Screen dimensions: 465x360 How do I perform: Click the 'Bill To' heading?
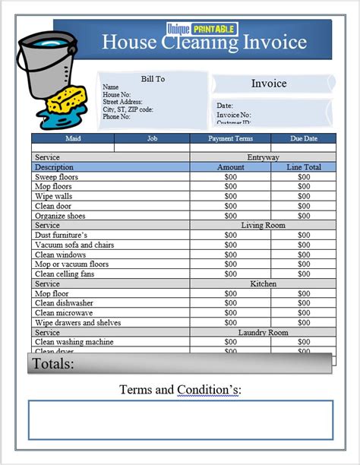[x=153, y=79]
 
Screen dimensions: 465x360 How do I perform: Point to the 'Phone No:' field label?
[x=116, y=117]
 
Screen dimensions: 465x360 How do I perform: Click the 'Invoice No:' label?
[x=234, y=114]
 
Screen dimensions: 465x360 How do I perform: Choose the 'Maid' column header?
[x=73, y=139]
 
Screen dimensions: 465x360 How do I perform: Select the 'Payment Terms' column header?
[x=230, y=139]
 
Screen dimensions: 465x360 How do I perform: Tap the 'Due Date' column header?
[x=303, y=139]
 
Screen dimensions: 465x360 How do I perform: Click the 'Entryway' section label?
[x=263, y=157]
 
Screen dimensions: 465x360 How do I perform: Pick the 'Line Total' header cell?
[x=303, y=167]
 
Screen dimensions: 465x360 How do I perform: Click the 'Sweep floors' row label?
[x=56, y=177]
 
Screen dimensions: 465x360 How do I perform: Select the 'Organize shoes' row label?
[x=61, y=216]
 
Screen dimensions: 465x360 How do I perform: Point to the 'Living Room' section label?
[x=263, y=226]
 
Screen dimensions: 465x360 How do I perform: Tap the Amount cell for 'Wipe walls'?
[x=231, y=196]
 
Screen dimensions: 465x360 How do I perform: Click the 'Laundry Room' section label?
[x=263, y=333]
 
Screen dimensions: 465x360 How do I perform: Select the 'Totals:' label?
[x=53, y=364]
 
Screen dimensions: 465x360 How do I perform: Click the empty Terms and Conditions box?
[x=181, y=419]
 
